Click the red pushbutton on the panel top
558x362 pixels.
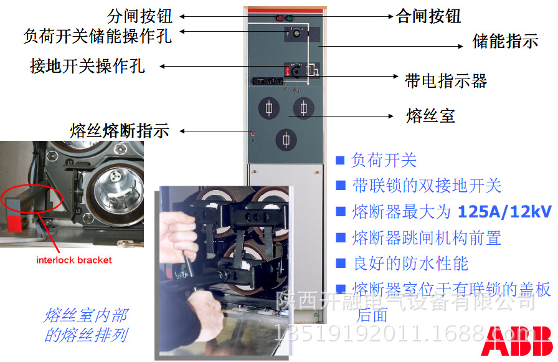click(x=278, y=18)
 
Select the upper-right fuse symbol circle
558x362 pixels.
click(x=303, y=108)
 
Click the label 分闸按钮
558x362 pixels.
click(x=140, y=16)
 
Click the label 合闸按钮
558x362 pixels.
click(x=428, y=16)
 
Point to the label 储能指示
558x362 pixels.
click(x=505, y=42)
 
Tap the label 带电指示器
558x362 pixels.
click(x=446, y=80)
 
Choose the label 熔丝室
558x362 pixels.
click(x=430, y=115)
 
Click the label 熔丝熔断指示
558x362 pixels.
click(x=120, y=131)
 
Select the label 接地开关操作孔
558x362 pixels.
click(x=88, y=66)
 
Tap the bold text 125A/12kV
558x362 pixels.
click(x=504, y=212)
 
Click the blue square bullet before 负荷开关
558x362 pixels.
click(x=340, y=160)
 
